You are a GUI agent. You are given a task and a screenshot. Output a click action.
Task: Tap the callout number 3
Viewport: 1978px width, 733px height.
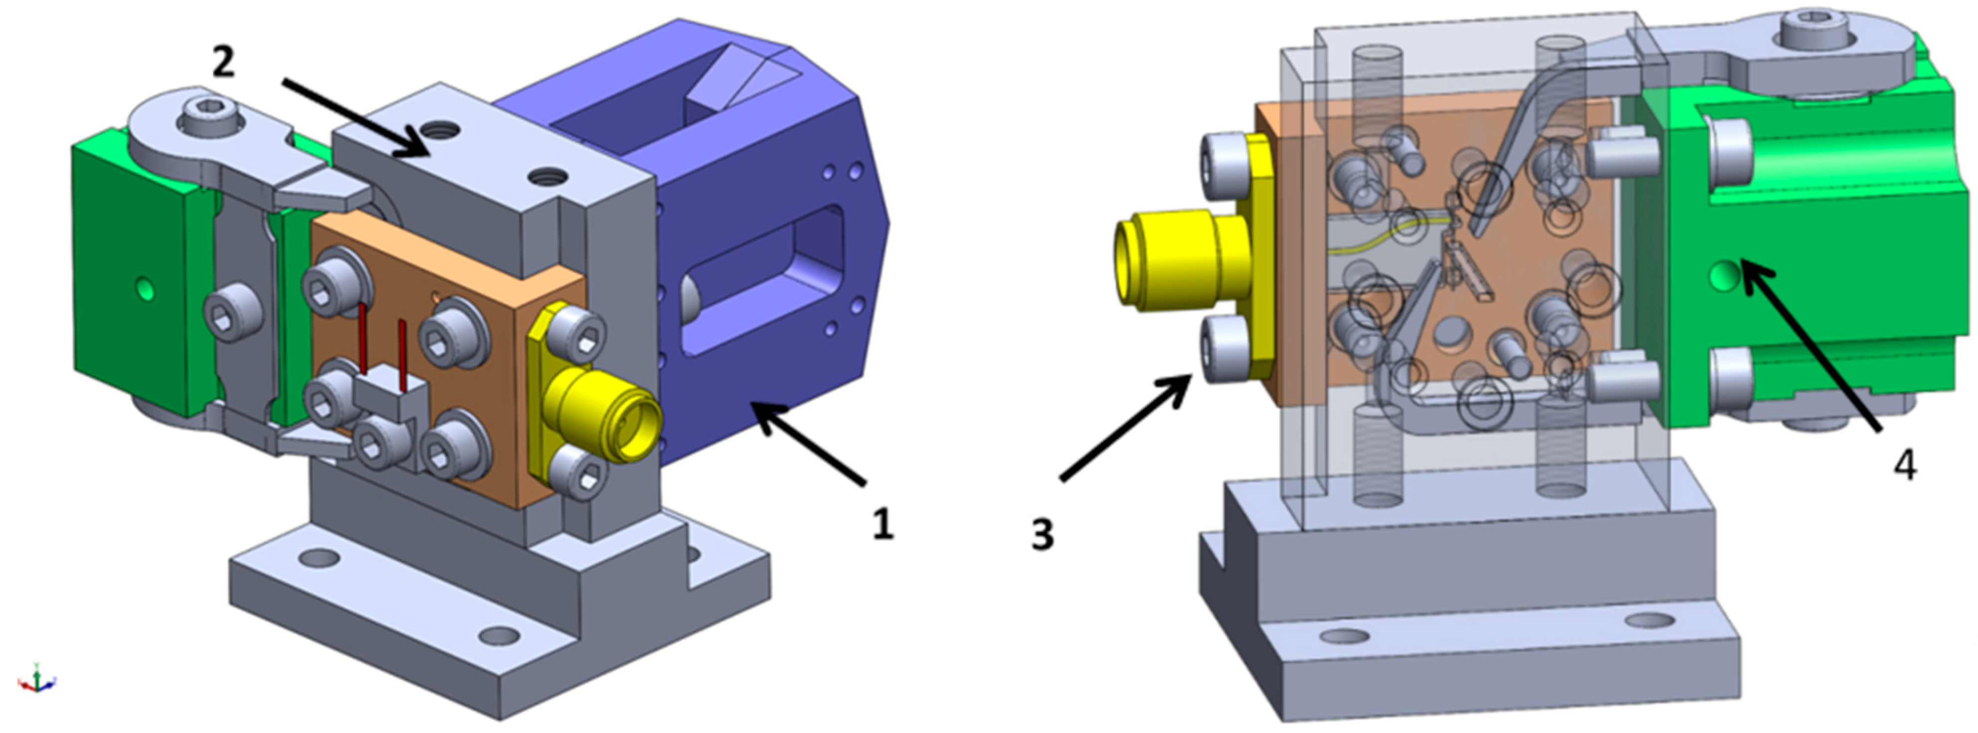tap(1042, 534)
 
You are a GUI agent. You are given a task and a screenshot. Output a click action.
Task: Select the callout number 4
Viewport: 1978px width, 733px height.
tap(1904, 465)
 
